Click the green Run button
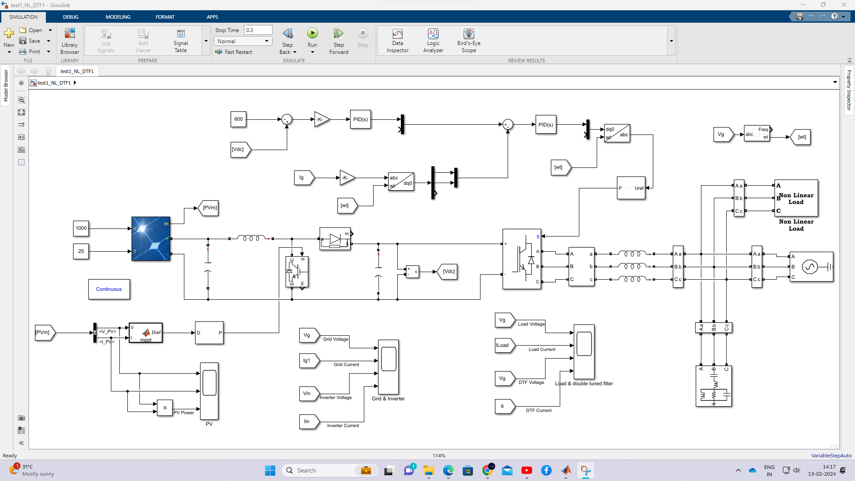(x=312, y=33)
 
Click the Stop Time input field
(x=258, y=30)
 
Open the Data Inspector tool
(x=397, y=41)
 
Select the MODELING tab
(x=118, y=17)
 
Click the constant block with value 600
(x=238, y=119)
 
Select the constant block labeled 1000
(x=81, y=228)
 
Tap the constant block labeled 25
(x=81, y=251)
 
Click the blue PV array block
(x=151, y=239)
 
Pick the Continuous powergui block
(x=109, y=289)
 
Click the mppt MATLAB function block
(x=146, y=333)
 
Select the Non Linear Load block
(x=796, y=198)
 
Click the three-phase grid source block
(x=810, y=267)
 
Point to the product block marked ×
(x=165, y=408)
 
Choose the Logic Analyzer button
(x=433, y=41)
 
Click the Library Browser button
(x=69, y=41)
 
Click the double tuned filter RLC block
(x=713, y=386)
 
